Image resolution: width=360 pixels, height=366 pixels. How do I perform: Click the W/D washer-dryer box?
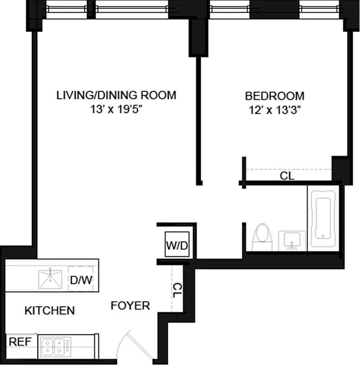point(177,244)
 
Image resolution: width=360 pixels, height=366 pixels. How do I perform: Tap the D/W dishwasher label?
point(81,280)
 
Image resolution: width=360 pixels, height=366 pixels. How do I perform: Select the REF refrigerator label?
point(20,342)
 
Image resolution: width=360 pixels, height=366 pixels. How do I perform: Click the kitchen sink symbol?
point(50,279)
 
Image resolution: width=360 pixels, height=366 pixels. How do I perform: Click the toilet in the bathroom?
point(262,237)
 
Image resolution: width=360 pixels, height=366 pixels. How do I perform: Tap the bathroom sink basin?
point(292,241)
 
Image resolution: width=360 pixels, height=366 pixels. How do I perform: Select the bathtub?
point(323,218)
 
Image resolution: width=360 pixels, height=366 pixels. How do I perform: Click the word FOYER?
point(130,306)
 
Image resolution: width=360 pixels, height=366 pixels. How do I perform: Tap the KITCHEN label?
point(49,311)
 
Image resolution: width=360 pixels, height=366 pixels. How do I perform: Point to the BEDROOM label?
point(274,96)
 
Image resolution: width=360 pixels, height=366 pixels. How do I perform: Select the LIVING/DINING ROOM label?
point(116,95)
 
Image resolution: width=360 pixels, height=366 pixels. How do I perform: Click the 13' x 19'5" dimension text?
point(116,109)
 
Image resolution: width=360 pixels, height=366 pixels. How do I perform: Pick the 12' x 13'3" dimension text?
point(274,110)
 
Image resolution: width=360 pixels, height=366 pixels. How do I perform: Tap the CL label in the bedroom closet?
point(287,176)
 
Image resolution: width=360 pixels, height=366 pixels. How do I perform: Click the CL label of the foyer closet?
point(177,290)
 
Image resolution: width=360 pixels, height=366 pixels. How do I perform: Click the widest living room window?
point(132,9)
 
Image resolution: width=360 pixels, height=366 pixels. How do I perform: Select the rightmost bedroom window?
point(319,9)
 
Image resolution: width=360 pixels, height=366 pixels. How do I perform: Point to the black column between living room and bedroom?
point(198,37)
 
